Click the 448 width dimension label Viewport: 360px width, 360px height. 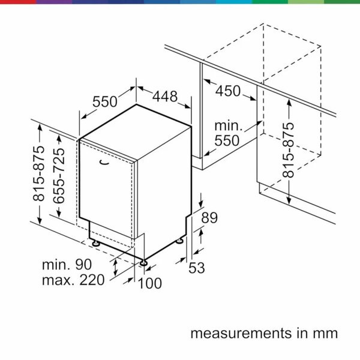[x=164, y=97]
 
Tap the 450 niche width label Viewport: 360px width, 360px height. [x=227, y=91]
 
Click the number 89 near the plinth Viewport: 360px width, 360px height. [x=209, y=218]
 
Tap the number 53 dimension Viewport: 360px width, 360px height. [x=197, y=269]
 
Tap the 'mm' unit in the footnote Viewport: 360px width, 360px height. [x=327, y=333]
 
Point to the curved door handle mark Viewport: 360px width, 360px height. [x=104, y=161]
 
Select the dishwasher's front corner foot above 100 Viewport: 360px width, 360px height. [x=144, y=261]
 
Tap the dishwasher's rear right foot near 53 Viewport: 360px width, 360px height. [x=180, y=241]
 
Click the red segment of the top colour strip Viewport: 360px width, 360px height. [x=18, y=2]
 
